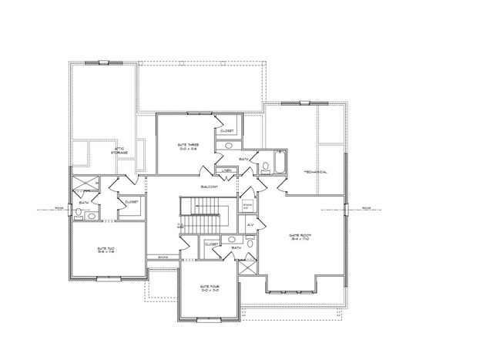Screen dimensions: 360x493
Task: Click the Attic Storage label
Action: [119, 151]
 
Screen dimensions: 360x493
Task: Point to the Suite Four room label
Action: [210, 289]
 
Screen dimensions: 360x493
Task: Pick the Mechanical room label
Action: [316, 172]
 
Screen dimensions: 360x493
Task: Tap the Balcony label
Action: [209, 187]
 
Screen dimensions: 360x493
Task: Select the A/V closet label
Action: [250, 224]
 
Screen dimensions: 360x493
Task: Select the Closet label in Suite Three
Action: [227, 131]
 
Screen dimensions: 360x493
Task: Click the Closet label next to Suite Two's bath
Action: [131, 202]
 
